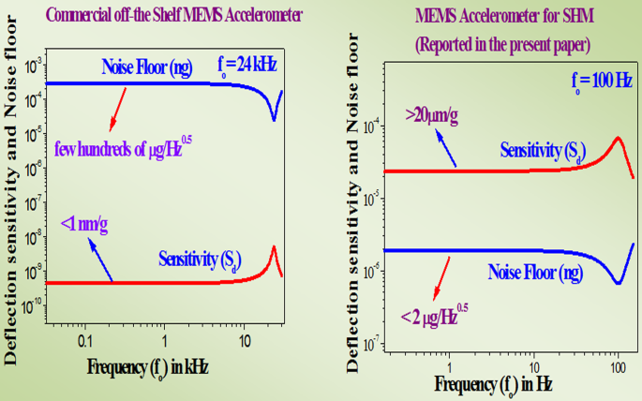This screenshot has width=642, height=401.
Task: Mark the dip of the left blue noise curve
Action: (274, 118)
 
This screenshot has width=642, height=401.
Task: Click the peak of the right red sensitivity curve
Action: (618, 139)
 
